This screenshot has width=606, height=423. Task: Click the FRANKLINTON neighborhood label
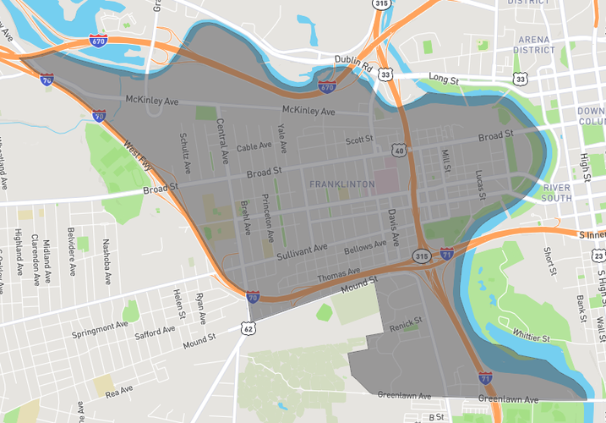coord(341,184)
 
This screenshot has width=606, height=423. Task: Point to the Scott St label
coord(359,140)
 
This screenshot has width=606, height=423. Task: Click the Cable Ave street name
coord(254,146)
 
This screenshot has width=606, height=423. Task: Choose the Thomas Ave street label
coord(338,276)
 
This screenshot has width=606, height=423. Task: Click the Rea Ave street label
coord(119,390)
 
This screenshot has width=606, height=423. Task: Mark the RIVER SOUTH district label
coord(557,193)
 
